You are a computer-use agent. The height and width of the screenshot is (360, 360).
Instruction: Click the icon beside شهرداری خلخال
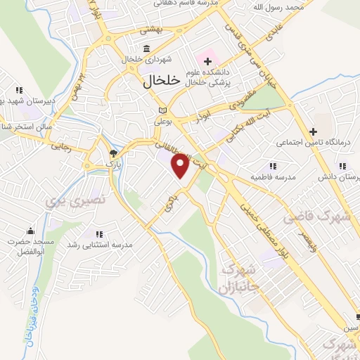(x=146, y=49)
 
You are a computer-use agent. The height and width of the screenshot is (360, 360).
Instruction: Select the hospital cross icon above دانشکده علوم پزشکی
(x=208, y=62)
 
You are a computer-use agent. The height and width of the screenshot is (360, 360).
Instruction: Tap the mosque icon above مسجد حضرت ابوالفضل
(x=30, y=231)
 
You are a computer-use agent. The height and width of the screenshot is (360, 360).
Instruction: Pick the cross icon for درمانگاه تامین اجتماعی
(x=314, y=131)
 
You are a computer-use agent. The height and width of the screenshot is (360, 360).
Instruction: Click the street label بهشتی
(x=150, y=30)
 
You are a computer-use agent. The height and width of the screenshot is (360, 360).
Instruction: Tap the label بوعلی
(x=163, y=122)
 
